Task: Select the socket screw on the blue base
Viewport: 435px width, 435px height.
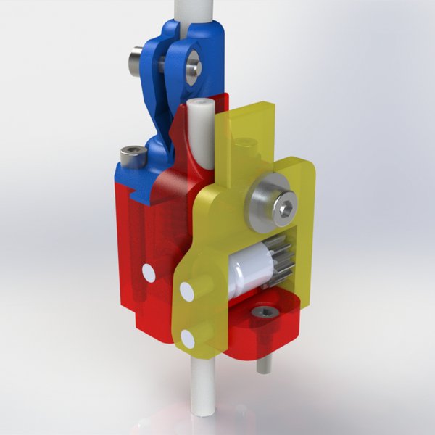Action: click(x=132, y=154)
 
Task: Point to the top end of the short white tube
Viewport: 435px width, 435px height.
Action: click(x=199, y=107)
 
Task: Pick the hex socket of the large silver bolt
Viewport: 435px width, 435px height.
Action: click(x=286, y=209)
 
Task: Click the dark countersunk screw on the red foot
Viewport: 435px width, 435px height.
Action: click(x=265, y=312)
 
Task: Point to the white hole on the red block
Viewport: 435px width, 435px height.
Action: click(x=149, y=273)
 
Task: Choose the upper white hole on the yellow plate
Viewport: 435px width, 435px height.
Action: click(x=187, y=292)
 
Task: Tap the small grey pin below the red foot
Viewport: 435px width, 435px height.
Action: click(x=265, y=364)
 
